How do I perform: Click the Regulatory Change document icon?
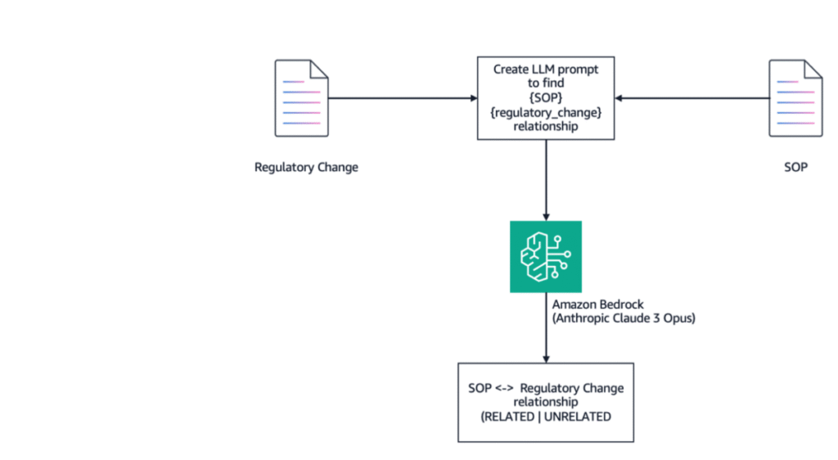[x=301, y=98]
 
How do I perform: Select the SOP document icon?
[x=795, y=98]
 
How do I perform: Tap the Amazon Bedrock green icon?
[x=546, y=256]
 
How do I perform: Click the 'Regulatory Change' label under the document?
[x=306, y=167]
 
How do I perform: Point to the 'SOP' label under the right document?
[x=795, y=167]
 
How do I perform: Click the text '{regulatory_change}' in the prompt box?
[x=546, y=112]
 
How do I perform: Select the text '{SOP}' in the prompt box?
[x=546, y=97]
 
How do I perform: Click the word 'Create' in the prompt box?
[x=510, y=70]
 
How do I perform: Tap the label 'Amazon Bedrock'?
[x=598, y=304]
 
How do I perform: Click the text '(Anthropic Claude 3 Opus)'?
[x=624, y=318]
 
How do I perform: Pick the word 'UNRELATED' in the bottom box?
[x=577, y=417]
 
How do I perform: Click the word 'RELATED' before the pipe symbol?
[x=509, y=417]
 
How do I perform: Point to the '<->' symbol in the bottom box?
[x=504, y=389]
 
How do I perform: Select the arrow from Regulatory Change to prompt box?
[x=403, y=98]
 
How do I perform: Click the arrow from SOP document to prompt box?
[x=692, y=98]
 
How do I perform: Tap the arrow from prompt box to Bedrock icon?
[x=546, y=181]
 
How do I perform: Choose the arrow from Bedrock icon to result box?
[x=546, y=328]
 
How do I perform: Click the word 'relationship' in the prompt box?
[x=546, y=127]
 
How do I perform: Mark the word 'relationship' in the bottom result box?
[x=546, y=403]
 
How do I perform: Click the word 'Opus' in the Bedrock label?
[x=677, y=318]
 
